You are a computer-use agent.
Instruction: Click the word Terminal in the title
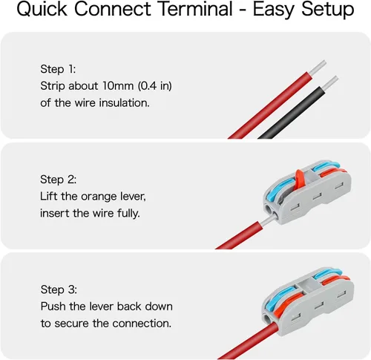tap(195, 9)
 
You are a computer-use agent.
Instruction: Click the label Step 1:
tap(58, 69)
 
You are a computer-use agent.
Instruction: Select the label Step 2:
tap(59, 180)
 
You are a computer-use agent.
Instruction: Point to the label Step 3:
tap(59, 289)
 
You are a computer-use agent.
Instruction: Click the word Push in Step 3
tap(53, 307)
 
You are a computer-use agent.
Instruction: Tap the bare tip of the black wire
tap(329, 83)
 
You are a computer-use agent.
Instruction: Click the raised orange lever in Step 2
tap(300, 177)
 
